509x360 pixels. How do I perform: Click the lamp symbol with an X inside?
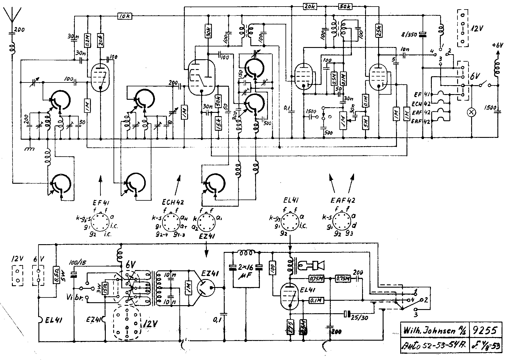(471, 112)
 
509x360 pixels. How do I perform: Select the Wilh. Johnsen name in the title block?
(434, 330)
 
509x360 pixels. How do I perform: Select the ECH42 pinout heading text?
(173, 202)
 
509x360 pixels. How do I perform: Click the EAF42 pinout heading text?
(343, 200)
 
